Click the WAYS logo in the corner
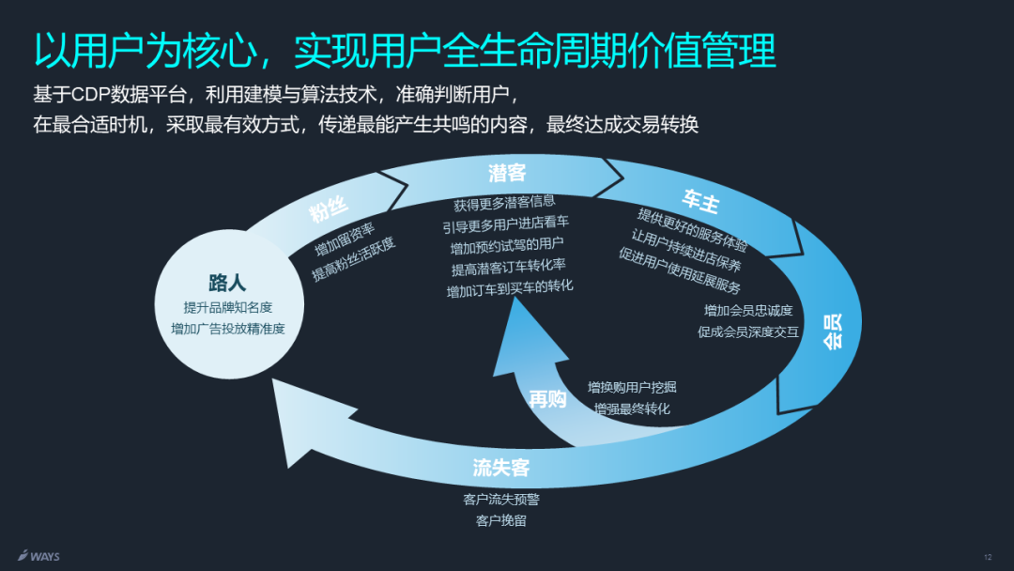38,556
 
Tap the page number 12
988,557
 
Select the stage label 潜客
507,173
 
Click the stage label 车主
700,199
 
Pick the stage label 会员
833,331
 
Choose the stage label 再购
547,399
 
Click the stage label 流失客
501,467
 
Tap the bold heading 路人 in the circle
227,283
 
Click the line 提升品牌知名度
228,307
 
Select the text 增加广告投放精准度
227,329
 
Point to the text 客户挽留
501,520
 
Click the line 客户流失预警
501,499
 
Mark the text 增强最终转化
632,409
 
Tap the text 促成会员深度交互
748,332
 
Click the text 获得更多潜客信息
504,202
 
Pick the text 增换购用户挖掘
632,387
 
